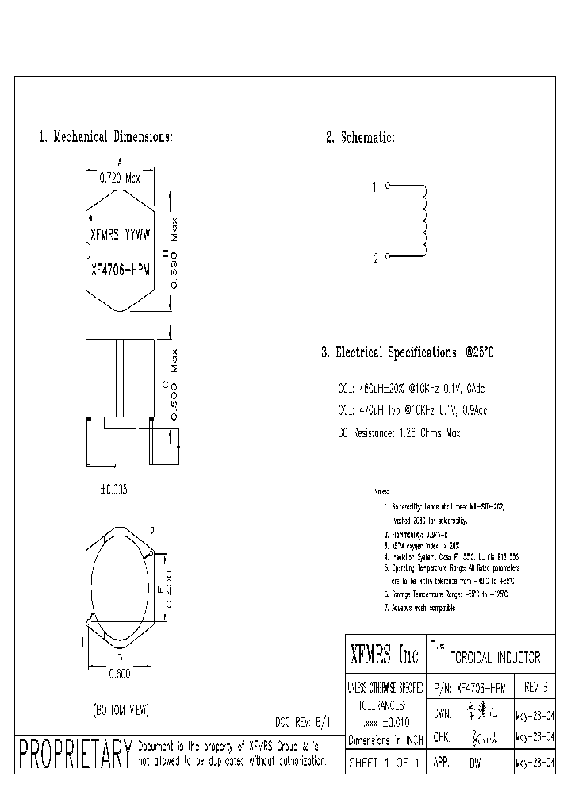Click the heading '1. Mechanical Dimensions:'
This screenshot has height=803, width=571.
click(x=105, y=137)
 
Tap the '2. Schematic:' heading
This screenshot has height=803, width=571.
click(x=360, y=137)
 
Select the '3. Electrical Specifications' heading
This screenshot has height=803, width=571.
click(x=412, y=352)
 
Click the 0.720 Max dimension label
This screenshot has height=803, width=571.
click(x=119, y=179)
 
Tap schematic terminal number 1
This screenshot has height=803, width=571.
click(x=375, y=187)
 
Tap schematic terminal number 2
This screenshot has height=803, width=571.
click(x=375, y=258)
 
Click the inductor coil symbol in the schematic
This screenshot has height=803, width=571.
click(x=425, y=222)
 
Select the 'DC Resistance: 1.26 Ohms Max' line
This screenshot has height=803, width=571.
click(x=399, y=433)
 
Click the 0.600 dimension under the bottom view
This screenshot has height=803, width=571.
click(x=119, y=674)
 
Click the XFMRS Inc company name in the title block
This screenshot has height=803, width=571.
click(x=384, y=655)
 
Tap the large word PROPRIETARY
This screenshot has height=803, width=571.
click(x=74, y=753)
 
